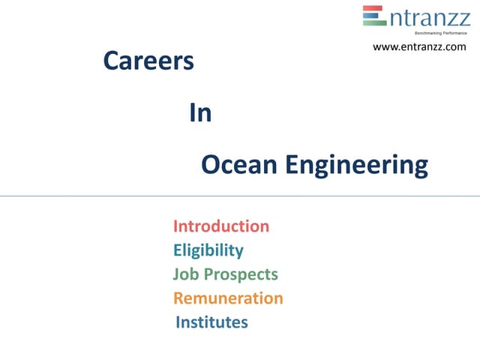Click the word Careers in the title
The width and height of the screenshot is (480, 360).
point(148,61)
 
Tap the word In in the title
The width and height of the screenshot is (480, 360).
point(200,113)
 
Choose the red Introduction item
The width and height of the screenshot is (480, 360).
point(220,226)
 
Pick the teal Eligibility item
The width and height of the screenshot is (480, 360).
point(208,250)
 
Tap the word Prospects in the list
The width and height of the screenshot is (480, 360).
point(239,275)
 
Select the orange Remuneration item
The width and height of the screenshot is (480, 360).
point(228,298)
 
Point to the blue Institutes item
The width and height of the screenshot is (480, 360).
point(211,322)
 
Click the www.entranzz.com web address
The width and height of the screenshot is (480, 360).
point(419,47)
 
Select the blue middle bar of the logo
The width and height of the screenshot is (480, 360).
point(374,16)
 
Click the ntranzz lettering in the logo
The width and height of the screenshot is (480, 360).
point(430,17)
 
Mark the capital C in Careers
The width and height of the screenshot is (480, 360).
point(111,61)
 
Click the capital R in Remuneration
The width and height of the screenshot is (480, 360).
point(178,298)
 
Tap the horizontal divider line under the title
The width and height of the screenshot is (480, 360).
point(240,196)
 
